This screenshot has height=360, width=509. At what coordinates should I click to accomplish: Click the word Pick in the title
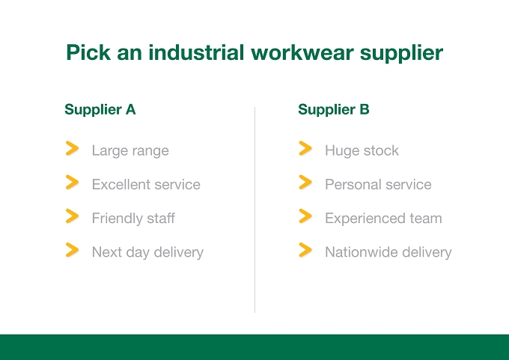pyautogui.click(x=88, y=52)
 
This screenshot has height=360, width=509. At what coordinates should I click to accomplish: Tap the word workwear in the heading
pyautogui.click(x=302, y=52)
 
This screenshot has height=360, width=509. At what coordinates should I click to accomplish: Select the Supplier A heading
pyautogui.click(x=100, y=110)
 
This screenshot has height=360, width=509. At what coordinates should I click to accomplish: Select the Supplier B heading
pyautogui.click(x=334, y=110)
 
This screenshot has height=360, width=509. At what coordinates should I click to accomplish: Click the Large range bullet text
pyautogui.click(x=130, y=151)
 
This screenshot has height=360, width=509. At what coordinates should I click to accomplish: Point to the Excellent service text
pyautogui.click(x=146, y=184)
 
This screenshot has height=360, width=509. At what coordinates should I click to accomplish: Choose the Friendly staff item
pyautogui.click(x=133, y=218)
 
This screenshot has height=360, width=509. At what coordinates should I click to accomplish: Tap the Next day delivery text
pyautogui.click(x=147, y=252)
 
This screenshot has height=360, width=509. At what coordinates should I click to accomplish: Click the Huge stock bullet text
pyautogui.click(x=362, y=150)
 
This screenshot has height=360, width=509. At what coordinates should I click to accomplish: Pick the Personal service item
pyautogui.click(x=378, y=184)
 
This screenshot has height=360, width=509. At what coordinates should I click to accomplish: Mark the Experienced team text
pyautogui.click(x=383, y=219)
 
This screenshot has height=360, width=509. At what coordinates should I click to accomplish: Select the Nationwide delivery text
pyautogui.click(x=388, y=252)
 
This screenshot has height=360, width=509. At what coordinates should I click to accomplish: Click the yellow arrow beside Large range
pyautogui.click(x=72, y=148)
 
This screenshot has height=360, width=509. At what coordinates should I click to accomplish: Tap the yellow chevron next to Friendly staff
pyautogui.click(x=72, y=216)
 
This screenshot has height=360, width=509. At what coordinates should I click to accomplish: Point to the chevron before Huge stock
pyautogui.click(x=305, y=148)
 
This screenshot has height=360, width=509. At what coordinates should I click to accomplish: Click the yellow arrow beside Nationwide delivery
pyautogui.click(x=305, y=250)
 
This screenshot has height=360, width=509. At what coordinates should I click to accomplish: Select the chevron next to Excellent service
pyautogui.click(x=72, y=182)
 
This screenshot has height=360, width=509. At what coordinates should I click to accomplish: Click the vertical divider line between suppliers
pyautogui.click(x=254, y=210)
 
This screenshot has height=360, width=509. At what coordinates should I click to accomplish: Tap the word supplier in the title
pyautogui.click(x=401, y=53)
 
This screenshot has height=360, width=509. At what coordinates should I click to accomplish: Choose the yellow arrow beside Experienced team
pyautogui.click(x=305, y=216)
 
